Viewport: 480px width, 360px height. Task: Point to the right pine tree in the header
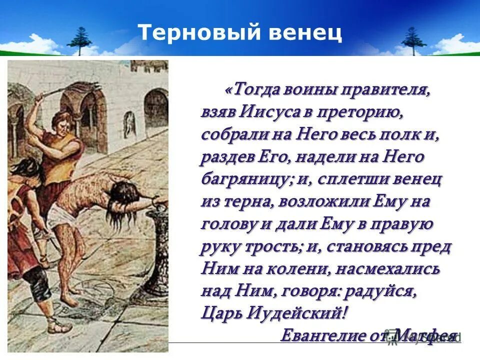click(413, 40)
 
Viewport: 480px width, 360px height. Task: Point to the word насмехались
click(387, 269)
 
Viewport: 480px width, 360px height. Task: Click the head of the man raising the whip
click(61, 121)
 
